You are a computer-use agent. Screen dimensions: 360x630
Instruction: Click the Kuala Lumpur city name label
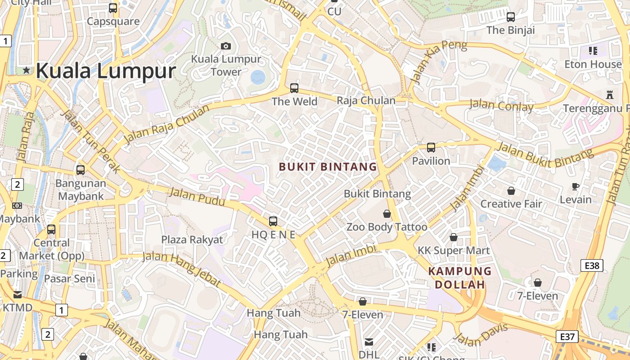[x=105, y=71]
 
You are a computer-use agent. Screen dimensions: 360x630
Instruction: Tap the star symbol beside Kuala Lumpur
[x=27, y=70]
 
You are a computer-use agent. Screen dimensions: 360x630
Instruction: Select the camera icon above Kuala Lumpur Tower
[x=226, y=46]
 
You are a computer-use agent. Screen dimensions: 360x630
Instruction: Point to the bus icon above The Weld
[x=294, y=88]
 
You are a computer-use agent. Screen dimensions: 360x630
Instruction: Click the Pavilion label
[x=431, y=161]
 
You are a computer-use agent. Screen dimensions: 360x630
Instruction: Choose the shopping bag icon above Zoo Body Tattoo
[x=387, y=214]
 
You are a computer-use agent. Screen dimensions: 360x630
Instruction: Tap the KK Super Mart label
[x=454, y=250]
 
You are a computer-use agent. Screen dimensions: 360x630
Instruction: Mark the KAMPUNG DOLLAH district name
[x=460, y=278]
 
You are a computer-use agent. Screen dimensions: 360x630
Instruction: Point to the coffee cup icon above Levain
[x=575, y=186]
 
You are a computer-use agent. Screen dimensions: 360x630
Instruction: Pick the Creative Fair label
[x=511, y=204]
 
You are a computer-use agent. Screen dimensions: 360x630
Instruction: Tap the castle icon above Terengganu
[x=610, y=95]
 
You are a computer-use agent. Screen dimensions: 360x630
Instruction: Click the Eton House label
[x=593, y=64]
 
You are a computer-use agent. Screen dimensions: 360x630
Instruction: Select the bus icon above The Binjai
[x=511, y=17]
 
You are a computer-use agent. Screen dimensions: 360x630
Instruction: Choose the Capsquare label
[x=113, y=21]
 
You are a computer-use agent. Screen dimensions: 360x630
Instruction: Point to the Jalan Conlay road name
[x=501, y=106]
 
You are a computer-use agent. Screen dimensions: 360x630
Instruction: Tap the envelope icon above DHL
[x=369, y=342]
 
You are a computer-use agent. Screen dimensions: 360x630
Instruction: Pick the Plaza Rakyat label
[x=192, y=239]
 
